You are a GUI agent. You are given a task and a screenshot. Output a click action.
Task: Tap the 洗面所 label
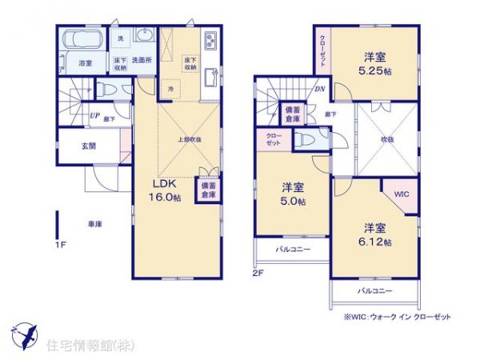coord(142,60)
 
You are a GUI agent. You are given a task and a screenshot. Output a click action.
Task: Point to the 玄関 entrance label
coord(88,146)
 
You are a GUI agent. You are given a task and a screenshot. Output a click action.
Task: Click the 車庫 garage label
coord(94,225)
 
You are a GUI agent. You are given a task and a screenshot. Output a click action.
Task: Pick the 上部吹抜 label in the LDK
coord(189,139)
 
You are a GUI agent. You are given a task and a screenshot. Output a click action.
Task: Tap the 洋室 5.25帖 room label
coord(375,63)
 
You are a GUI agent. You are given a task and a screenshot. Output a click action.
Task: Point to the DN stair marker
coord(319,90)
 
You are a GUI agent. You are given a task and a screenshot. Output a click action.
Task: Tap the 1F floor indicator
coord(61,246)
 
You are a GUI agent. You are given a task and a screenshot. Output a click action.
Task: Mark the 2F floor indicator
coord(258,272)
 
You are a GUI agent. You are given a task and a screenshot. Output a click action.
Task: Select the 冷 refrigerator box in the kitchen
coord(170,88)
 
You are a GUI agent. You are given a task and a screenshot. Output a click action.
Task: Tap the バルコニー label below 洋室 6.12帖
coord(374,290)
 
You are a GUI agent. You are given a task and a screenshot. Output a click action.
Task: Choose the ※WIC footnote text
coord(398,317)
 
